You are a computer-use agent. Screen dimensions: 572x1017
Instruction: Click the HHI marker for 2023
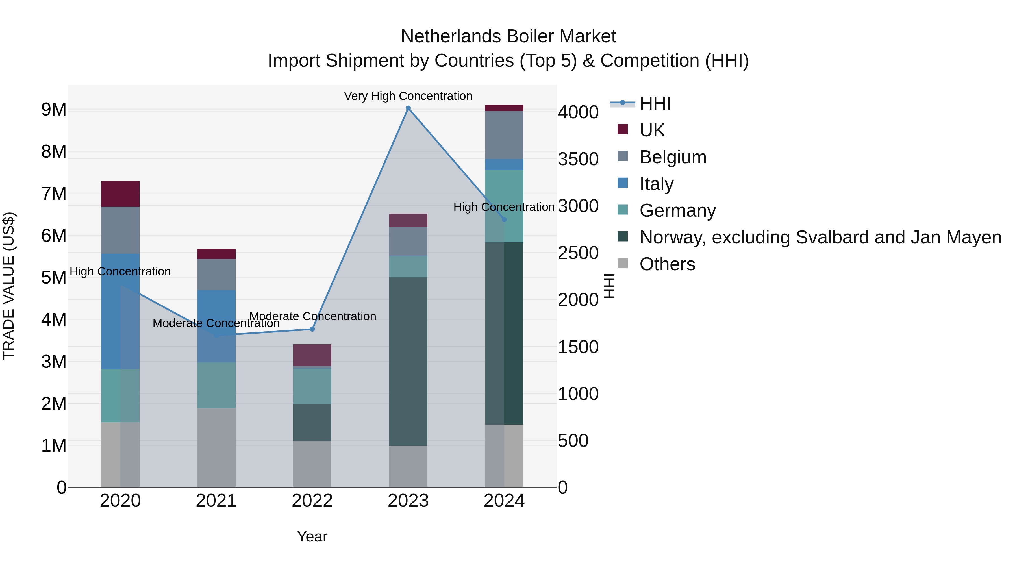pyautogui.click(x=408, y=108)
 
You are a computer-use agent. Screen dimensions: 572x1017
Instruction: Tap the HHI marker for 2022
pyautogui.click(x=312, y=329)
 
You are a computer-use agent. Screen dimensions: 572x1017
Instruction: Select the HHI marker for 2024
pyautogui.click(x=504, y=219)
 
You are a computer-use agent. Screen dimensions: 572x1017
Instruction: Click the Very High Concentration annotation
pyautogui.click(x=408, y=96)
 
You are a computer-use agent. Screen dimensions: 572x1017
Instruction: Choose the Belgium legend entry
pyautogui.click(x=673, y=157)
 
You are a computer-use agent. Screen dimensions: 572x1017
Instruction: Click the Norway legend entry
pyautogui.click(x=820, y=237)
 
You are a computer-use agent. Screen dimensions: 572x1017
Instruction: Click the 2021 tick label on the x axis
pyautogui.click(x=216, y=501)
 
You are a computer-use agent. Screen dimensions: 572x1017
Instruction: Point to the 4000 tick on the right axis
pyautogui.click(x=578, y=112)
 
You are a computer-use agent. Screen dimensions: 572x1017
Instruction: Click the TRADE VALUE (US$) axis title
pyautogui.click(x=9, y=286)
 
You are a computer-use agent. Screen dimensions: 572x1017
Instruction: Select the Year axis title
pyautogui.click(x=312, y=536)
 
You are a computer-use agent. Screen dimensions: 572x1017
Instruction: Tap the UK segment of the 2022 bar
pyautogui.click(x=312, y=355)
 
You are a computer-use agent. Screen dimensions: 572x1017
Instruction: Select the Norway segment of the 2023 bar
pyautogui.click(x=408, y=361)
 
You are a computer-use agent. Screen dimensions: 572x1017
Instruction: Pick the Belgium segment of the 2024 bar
pyautogui.click(x=504, y=135)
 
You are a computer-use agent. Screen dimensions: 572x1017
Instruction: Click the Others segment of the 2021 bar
pyautogui.click(x=216, y=447)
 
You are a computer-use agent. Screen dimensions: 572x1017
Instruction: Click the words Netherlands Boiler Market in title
pyautogui.click(x=508, y=36)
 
